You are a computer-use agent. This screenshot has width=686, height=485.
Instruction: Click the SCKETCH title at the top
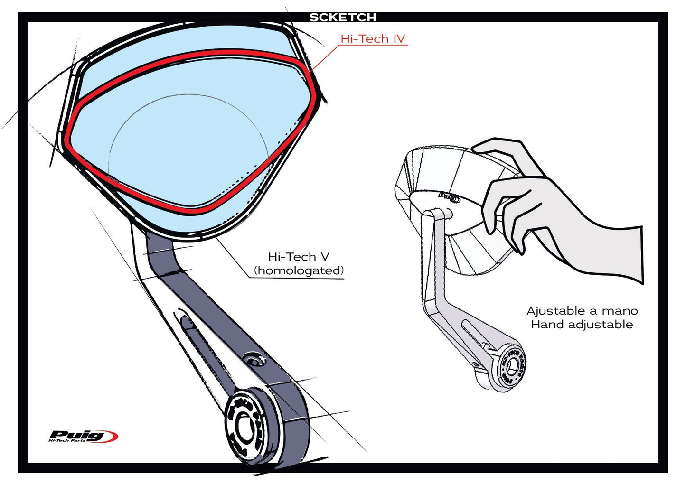343,18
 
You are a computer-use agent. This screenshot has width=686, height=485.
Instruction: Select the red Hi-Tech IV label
373,39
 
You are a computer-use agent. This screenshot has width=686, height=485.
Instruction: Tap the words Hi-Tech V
298,257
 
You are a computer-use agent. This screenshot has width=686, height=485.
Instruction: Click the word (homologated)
299,270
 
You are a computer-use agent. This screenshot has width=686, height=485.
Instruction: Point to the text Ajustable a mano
582,311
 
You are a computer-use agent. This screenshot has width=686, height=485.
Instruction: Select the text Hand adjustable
582,325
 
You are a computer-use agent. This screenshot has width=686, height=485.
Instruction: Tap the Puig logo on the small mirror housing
448,196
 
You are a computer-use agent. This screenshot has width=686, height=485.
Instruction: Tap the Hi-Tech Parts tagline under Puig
67,441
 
